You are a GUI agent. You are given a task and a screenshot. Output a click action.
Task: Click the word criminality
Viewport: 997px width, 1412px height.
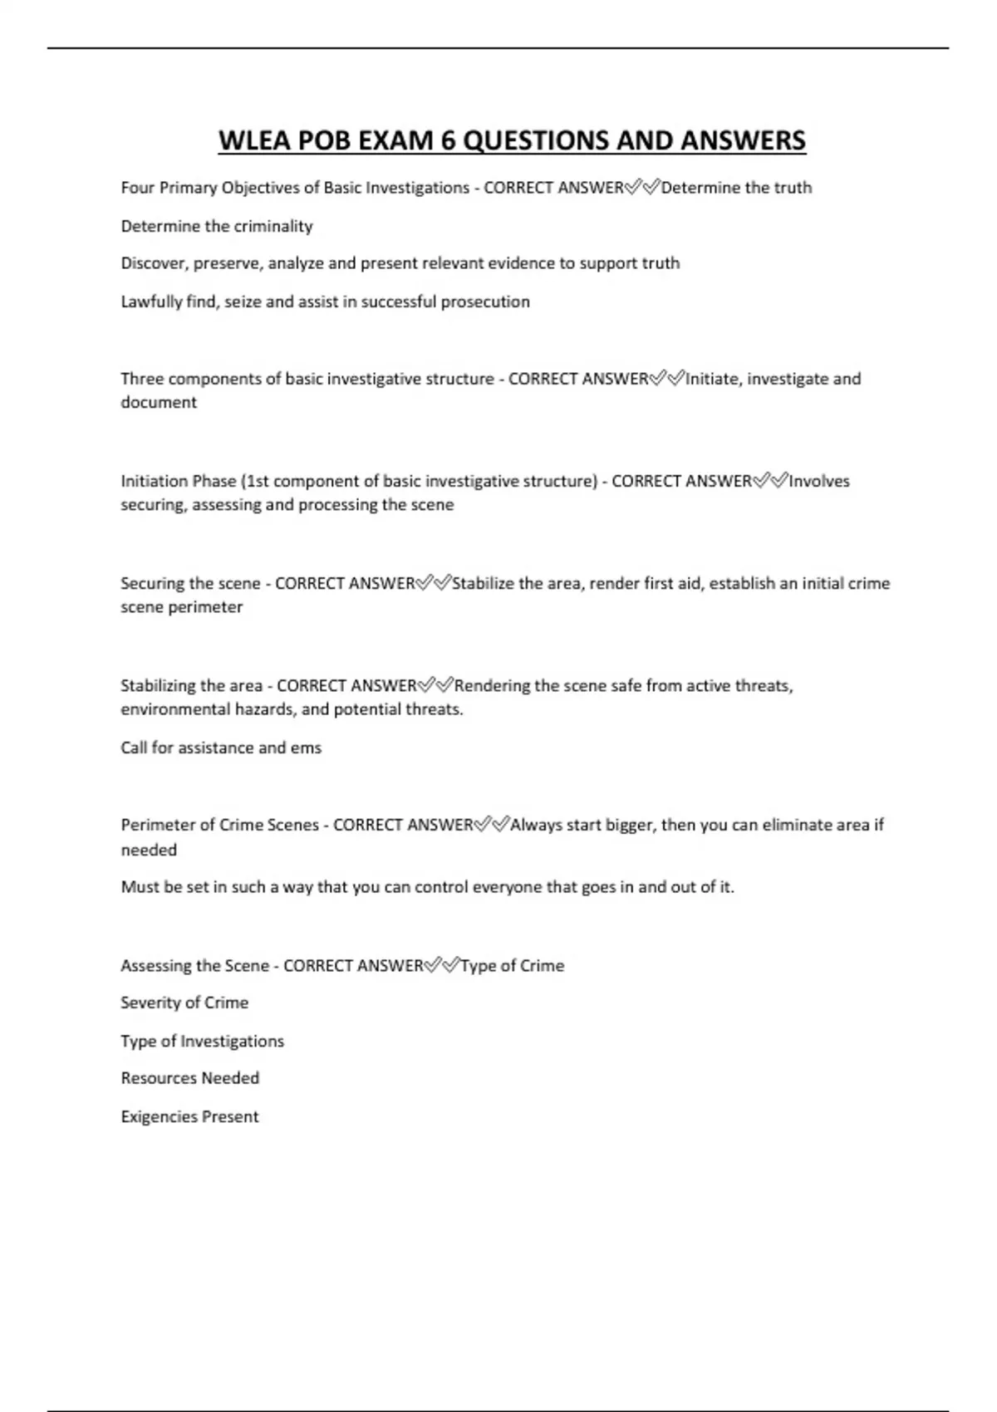tap(273, 226)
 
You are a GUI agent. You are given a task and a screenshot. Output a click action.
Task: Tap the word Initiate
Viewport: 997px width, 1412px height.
tap(713, 379)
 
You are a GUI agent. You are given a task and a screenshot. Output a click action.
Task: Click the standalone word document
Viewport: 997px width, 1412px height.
tap(159, 403)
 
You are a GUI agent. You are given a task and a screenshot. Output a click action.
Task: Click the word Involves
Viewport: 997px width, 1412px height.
tap(819, 481)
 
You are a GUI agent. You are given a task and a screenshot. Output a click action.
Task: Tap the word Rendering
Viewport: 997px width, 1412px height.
tap(492, 686)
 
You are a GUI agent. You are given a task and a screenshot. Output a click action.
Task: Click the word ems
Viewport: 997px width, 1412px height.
tap(306, 748)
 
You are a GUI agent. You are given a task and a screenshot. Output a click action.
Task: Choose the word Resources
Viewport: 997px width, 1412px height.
tap(155, 1078)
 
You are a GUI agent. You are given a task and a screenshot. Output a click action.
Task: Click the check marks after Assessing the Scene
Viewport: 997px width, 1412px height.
tap(441, 965)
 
